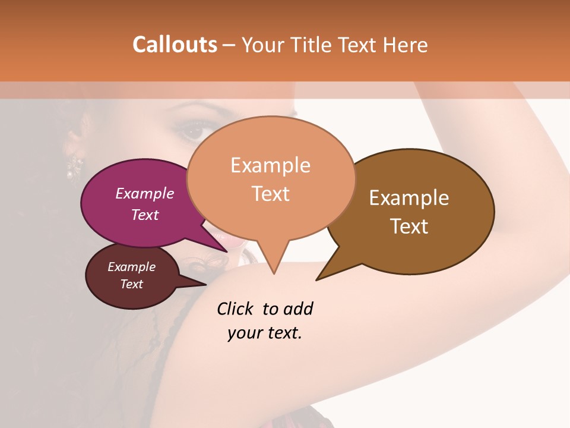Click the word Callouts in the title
pos(175,45)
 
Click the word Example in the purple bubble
pos(145,193)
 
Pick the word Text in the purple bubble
pos(145,215)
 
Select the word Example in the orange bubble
pos(270,165)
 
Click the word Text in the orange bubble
pos(270,193)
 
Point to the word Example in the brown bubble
pos(409,198)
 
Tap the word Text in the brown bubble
pos(409,226)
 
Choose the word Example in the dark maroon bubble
pos(132,267)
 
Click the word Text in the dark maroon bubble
pos(132,284)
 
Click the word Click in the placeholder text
pos(236,309)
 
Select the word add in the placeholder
pos(297,309)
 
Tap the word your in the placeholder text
pos(243,333)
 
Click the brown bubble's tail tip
pos(317,279)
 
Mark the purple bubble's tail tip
pos(227,251)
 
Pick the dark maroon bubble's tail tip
pos(205,285)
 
